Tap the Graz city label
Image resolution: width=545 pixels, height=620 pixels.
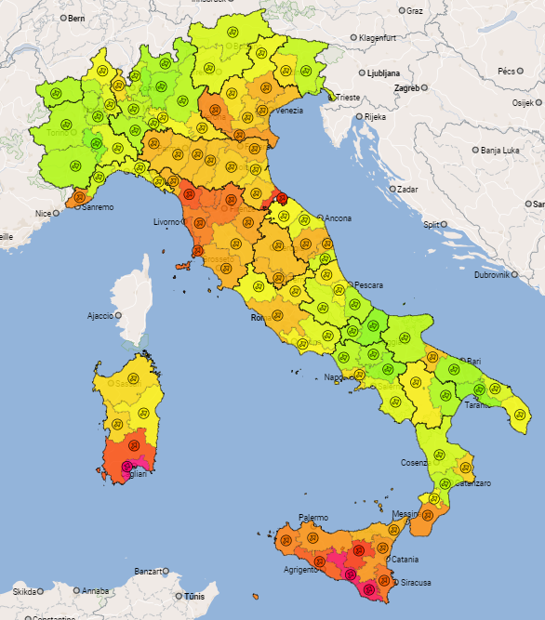pos(415,11)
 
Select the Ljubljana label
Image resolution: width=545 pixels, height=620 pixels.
pos(382,73)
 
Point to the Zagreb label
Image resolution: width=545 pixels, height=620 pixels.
pos(408,88)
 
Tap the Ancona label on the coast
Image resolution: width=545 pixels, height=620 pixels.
pos(338,218)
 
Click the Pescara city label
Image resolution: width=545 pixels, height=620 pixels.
pos(369,285)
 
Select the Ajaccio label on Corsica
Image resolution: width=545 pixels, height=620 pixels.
pos(100,316)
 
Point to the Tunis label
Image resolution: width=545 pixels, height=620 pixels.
pos(193,596)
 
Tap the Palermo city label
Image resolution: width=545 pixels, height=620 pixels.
pos(313,518)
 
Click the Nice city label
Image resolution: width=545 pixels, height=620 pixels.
pos(44,213)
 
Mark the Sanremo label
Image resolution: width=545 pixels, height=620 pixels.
pos(98,207)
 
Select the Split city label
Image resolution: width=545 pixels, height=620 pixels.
pos(431,224)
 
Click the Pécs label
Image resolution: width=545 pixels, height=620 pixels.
pos(506,71)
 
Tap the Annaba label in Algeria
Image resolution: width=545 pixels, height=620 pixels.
pos(95,590)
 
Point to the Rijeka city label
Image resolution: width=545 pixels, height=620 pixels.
pos(374,117)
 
